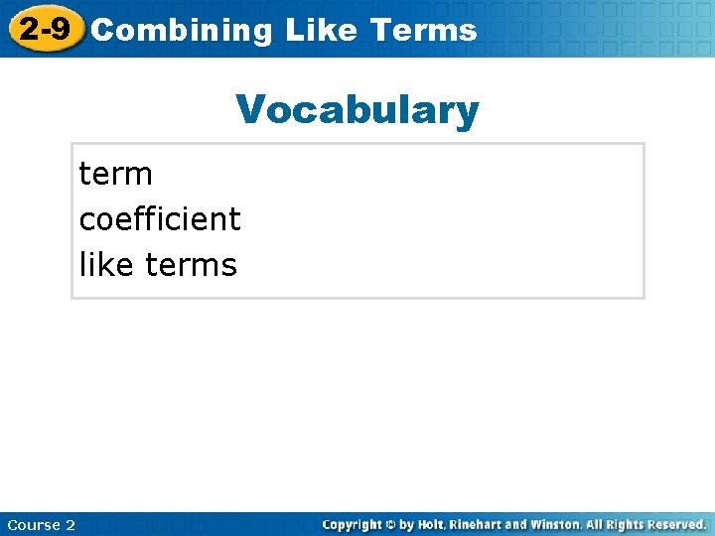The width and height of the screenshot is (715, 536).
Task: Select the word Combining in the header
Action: pos(181,31)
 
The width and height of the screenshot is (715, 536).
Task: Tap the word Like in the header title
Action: pos(321,31)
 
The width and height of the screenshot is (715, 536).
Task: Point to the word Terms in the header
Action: pos(423,31)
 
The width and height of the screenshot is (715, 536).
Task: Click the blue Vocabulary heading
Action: pos(357,110)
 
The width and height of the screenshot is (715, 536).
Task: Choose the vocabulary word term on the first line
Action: pos(115,174)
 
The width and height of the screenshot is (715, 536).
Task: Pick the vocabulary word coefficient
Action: pos(160,218)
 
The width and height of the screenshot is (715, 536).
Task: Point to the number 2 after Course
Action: pos(71,525)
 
